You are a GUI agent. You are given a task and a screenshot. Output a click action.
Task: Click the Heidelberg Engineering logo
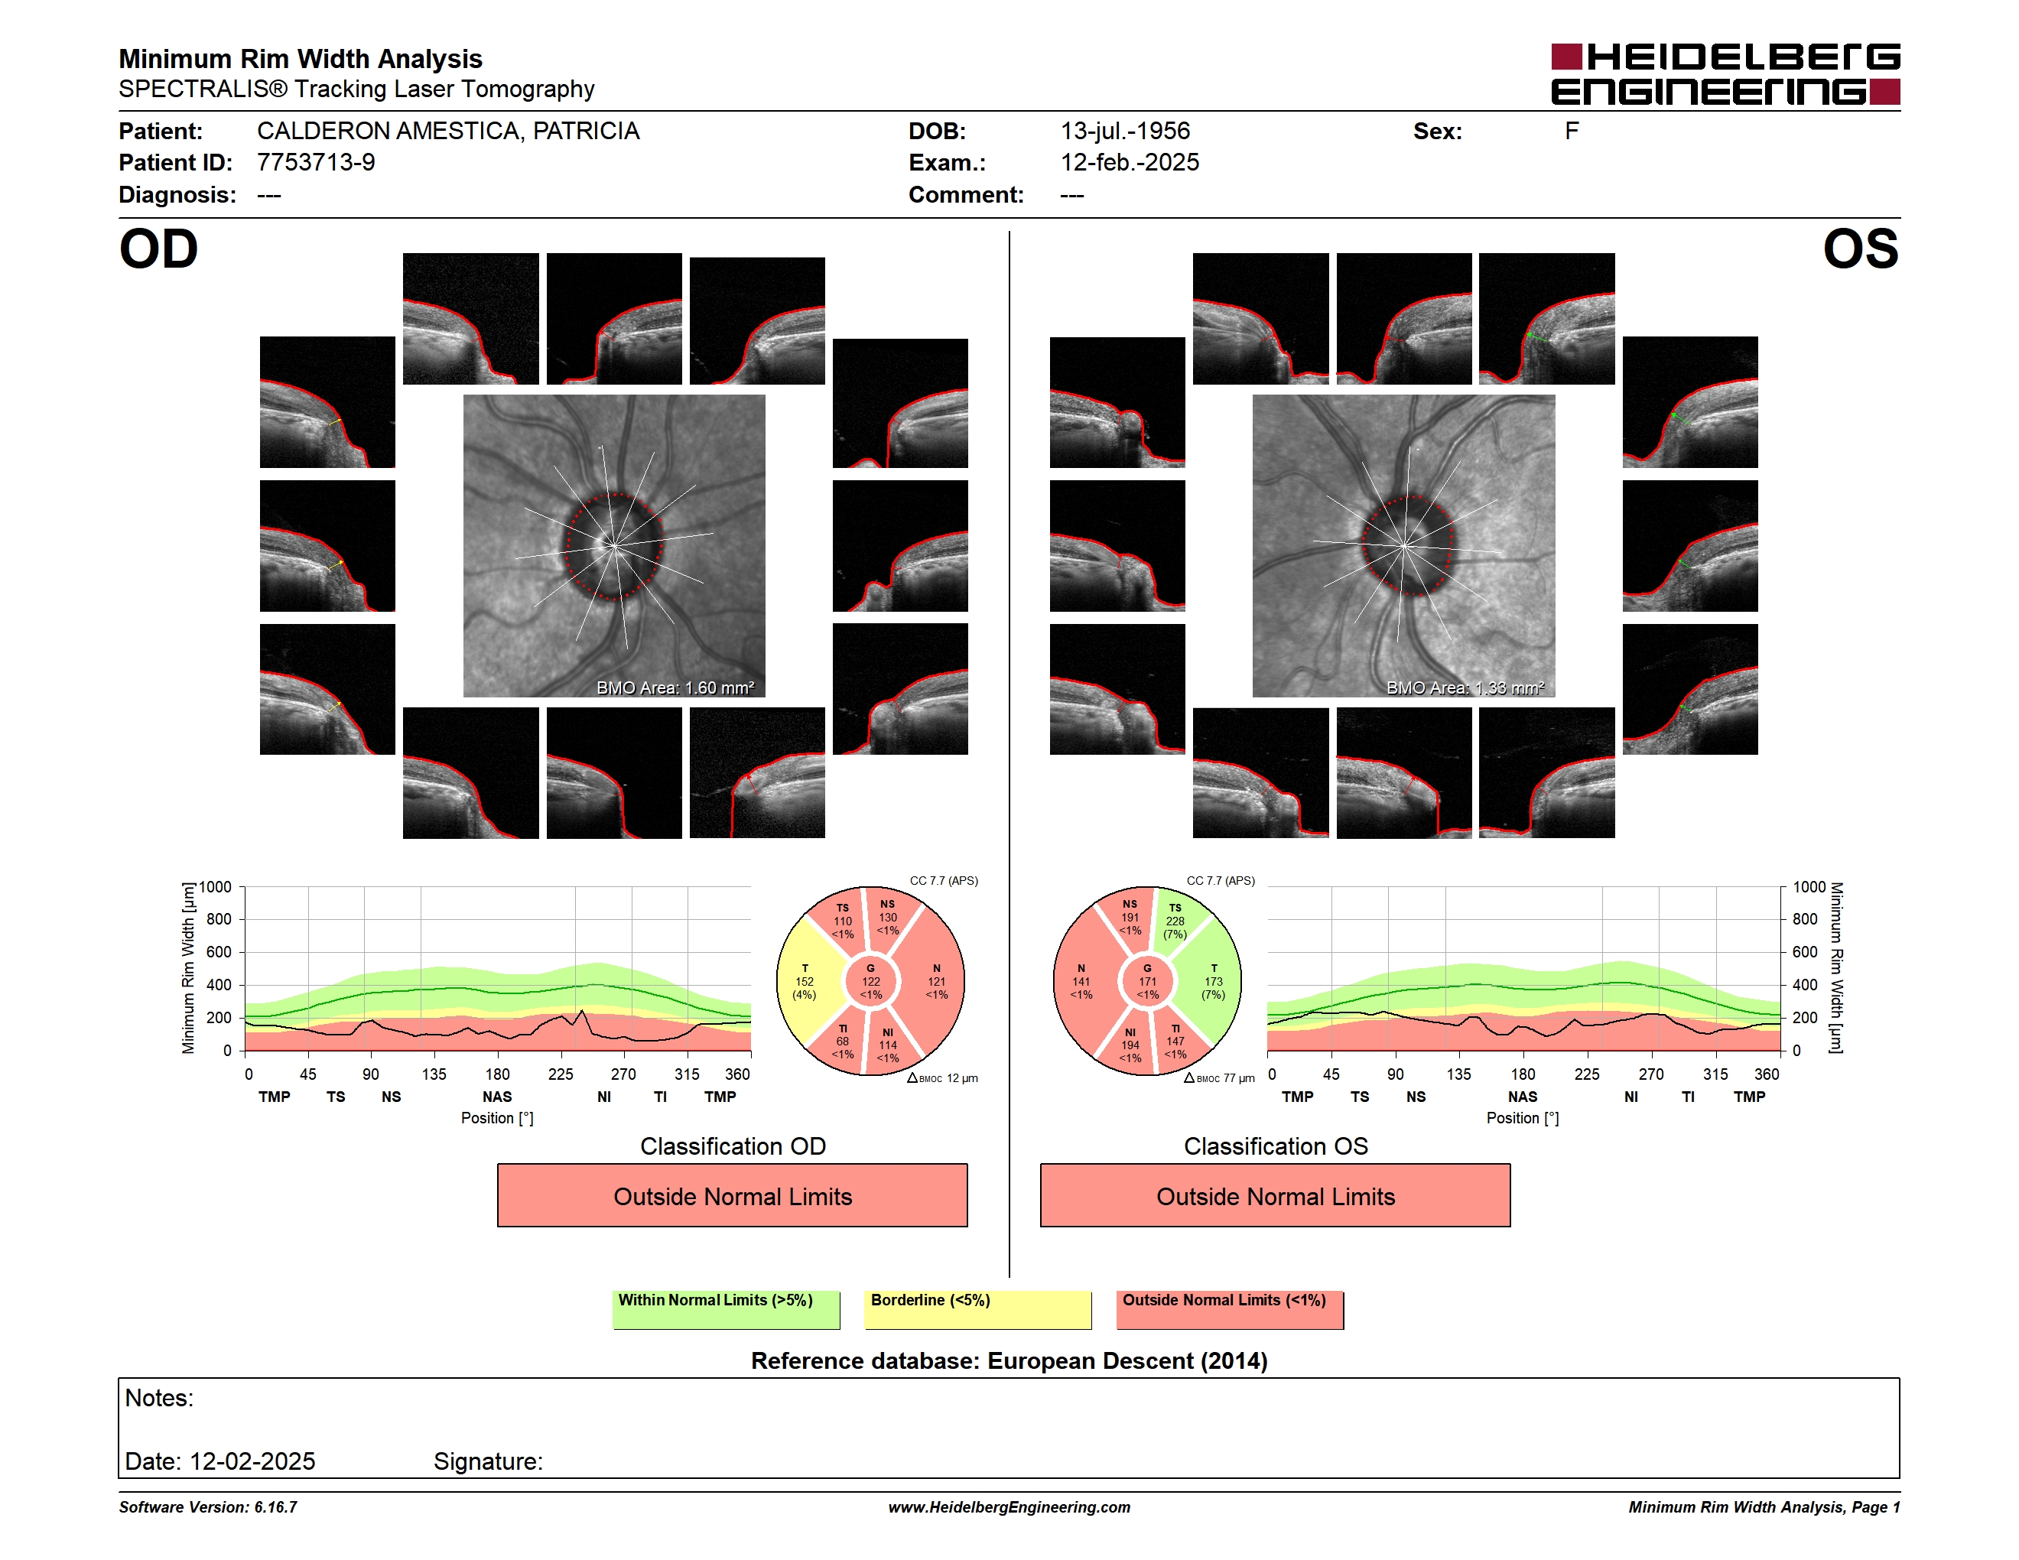(x=1725, y=74)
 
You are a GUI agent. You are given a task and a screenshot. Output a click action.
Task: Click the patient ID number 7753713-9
(x=316, y=163)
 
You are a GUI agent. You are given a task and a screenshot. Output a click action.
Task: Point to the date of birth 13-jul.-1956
(x=1125, y=132)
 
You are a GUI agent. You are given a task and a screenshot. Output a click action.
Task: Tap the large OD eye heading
(x=159, y=249)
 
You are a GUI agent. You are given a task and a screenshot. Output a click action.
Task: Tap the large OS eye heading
(x=1860, y=249)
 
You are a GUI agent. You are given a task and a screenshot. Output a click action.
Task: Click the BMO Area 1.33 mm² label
(x=1465, y=687)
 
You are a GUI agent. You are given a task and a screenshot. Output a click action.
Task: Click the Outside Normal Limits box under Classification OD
(x=732, y=1196)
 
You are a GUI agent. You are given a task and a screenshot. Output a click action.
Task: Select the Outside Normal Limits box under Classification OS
(x=1276, y=1196)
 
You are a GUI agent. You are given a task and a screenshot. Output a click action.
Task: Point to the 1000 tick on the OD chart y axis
(x=216, y=887)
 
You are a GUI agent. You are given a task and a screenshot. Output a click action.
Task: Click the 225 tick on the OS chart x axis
(x=1587, y=1074)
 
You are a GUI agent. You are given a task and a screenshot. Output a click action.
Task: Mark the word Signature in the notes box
(x=488, y=1461)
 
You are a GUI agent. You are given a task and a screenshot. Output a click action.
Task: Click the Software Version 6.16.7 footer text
(x=208, y=1507)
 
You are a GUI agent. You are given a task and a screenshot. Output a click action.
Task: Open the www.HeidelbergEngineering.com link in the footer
(x=1009, y=1507)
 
